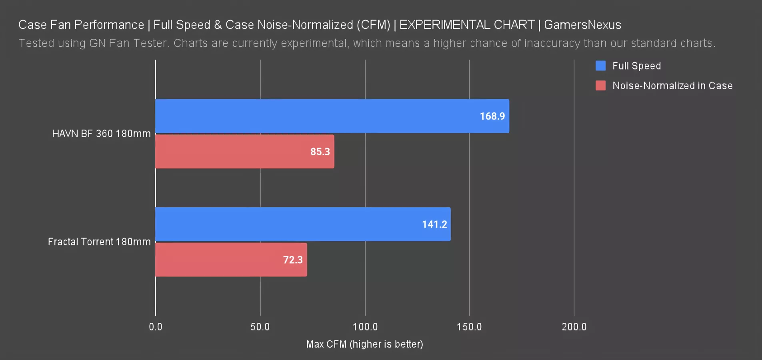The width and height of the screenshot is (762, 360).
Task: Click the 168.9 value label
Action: pos(492,116)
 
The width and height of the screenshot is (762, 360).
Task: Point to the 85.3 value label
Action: pos(320,152)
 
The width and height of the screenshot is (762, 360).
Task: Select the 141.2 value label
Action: pos(434,224)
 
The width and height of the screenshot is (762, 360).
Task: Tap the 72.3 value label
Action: pos(293,260)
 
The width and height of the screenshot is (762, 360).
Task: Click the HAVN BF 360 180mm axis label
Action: pos(101,134)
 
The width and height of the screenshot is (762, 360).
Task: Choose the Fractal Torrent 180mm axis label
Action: pos(99,242)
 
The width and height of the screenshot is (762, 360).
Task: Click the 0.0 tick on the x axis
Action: pos(156,327)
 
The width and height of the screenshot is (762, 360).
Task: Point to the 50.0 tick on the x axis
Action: pos(260,327)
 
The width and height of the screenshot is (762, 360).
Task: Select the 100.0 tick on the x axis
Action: pos(365,327)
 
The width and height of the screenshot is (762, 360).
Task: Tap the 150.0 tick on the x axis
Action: pos(469,327)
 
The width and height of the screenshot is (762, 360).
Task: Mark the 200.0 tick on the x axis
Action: pos(574,327)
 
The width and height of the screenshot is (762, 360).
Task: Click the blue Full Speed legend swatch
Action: pos(600,66)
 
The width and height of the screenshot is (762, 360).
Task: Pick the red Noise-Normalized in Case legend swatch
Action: pos(600,86)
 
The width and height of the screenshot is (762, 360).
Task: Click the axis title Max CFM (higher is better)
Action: pos(364,344)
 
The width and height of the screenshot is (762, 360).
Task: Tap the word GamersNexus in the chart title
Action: pos(582,25)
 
